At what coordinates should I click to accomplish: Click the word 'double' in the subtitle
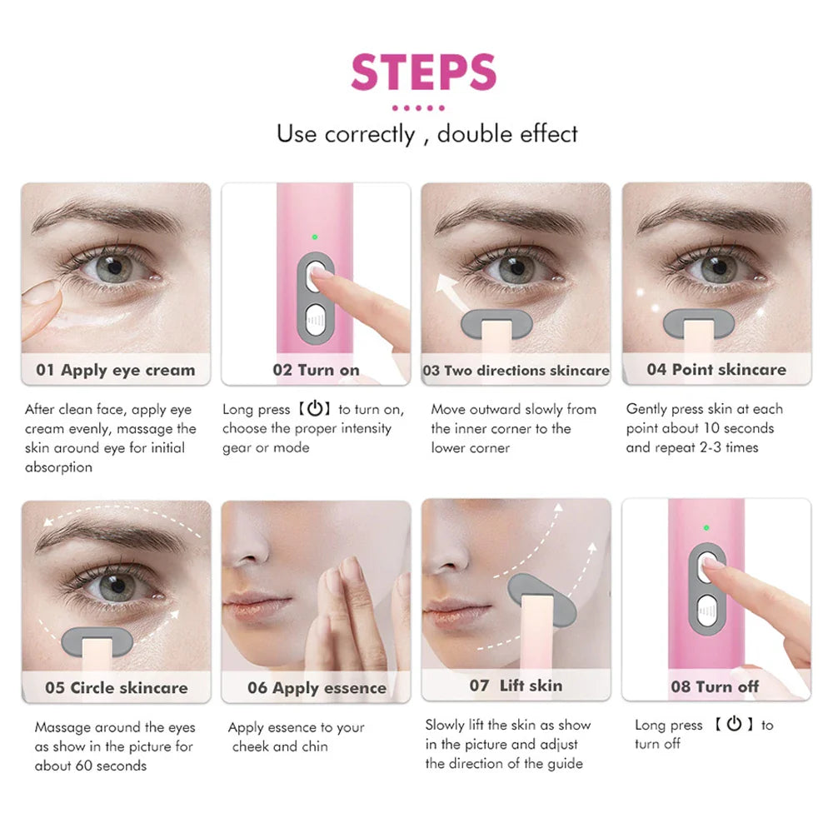tap(471, 134)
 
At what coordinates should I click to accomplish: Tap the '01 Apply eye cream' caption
tap(115, 370)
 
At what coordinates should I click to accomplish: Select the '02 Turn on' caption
tap(316, 370)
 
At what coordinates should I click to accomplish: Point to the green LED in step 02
tap(315, 237)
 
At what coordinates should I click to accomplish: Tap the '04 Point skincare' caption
tap(716, 369)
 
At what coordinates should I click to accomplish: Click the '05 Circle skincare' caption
tap(117, 688)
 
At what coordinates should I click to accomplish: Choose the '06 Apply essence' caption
tap(317, 688)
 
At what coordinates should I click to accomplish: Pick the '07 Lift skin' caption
tap(516, 686)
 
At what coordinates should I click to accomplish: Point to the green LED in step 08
tap(706, 527)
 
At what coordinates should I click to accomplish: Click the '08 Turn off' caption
tap(716, 687)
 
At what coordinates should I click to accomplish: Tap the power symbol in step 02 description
tap(314, 409)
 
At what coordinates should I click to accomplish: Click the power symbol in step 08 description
tap(733, 724)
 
